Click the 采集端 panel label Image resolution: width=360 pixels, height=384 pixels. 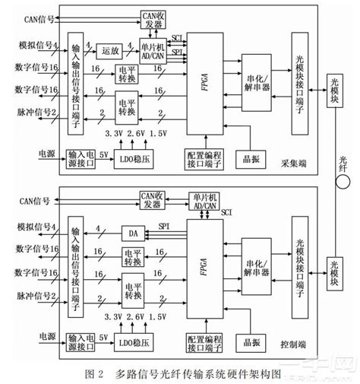(292, 162)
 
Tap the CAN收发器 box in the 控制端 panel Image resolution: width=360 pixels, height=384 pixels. (155, 199)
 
